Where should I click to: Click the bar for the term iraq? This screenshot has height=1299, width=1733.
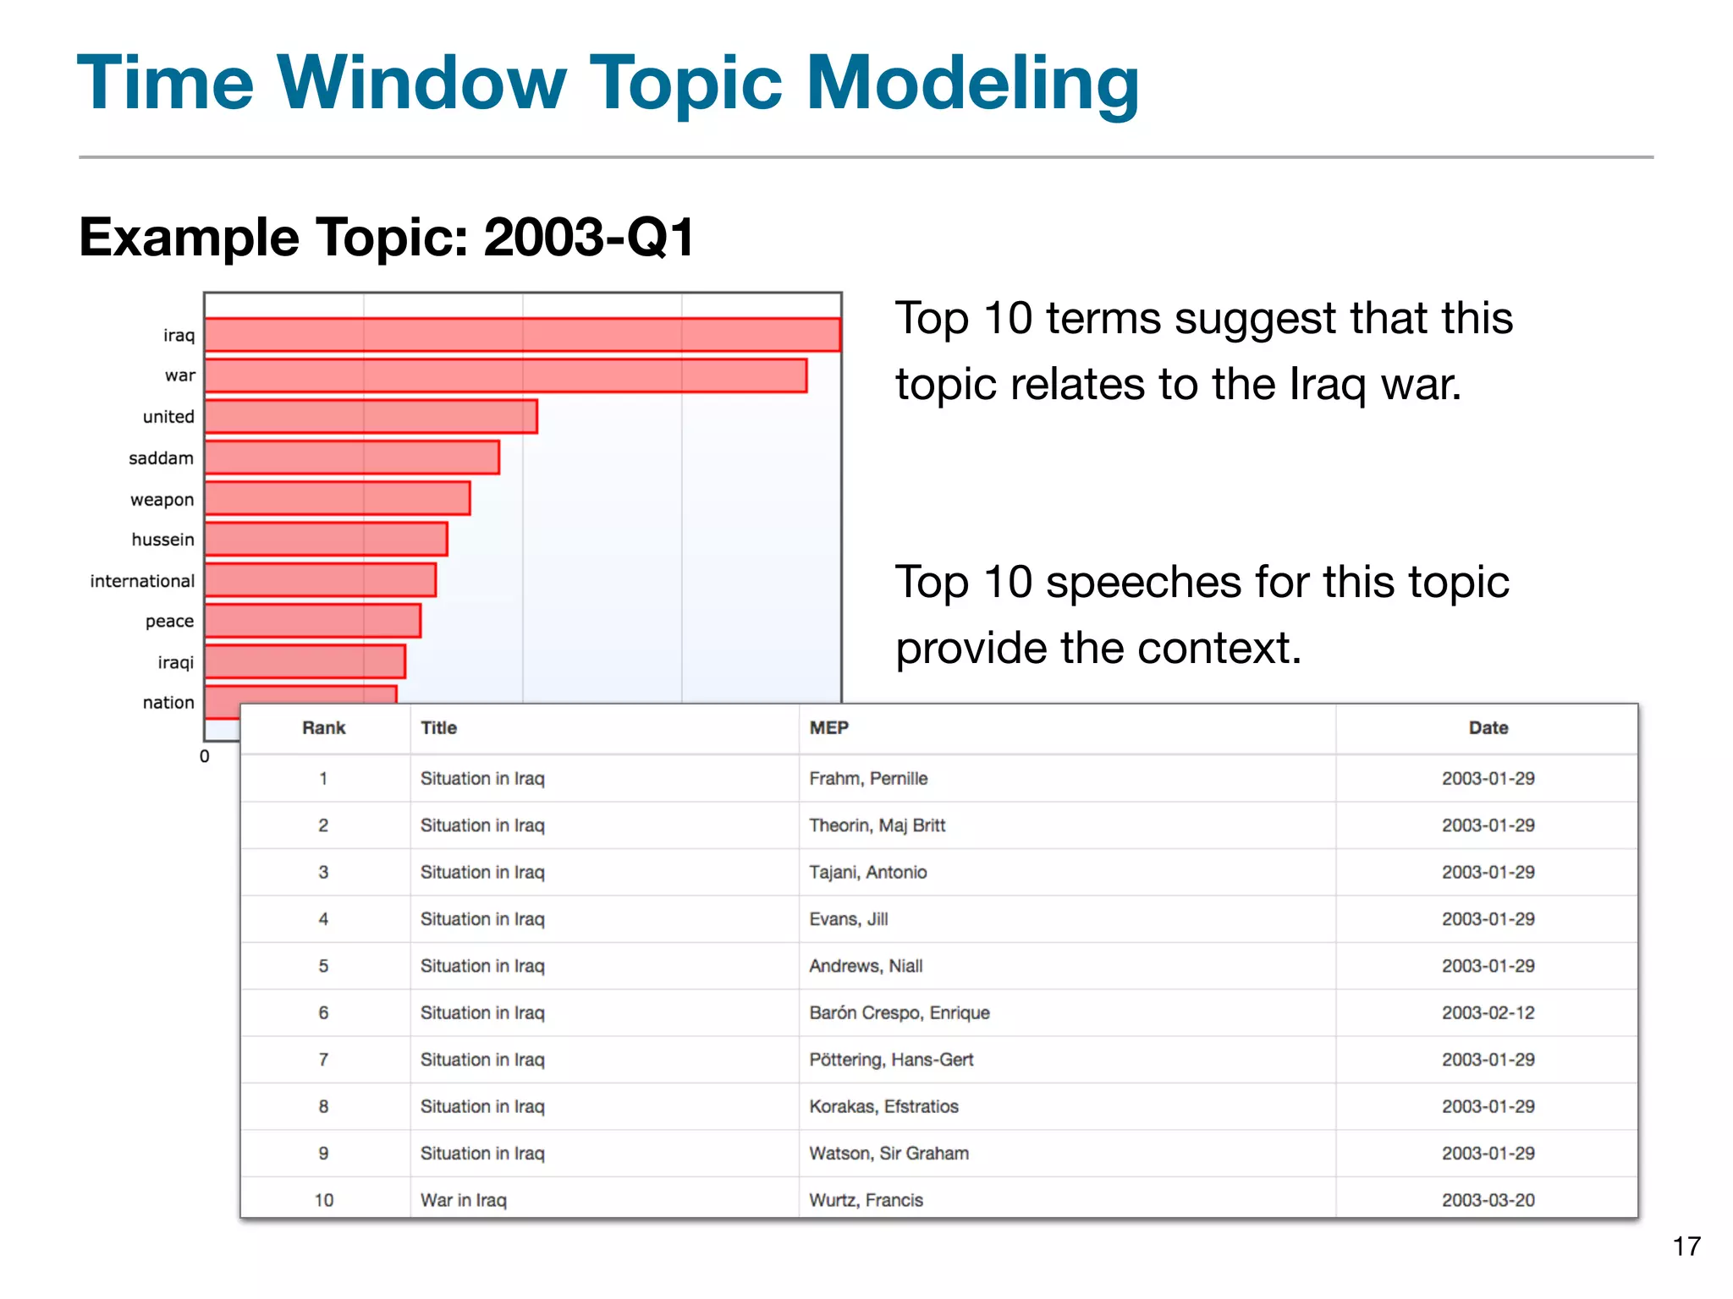522,334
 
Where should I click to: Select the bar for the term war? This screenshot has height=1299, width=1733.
505,375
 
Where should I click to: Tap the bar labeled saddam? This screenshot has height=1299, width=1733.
352,458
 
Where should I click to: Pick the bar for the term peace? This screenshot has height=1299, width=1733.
312,621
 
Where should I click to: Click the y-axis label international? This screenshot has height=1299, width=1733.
142,581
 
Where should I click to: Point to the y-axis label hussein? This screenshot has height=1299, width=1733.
162,540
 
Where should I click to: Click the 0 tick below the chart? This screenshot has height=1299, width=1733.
204,756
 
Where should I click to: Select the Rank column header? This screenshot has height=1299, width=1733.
323,728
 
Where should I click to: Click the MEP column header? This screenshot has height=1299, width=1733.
828,728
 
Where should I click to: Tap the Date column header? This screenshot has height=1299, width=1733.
1488,728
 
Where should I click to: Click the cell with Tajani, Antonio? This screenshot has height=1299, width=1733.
867,872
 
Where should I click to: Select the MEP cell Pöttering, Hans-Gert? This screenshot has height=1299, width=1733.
891,1060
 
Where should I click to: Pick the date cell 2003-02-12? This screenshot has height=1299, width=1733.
1488,1012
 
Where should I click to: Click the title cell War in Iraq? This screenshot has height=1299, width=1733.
463,1200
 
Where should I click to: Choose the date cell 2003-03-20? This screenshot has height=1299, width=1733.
1488,1200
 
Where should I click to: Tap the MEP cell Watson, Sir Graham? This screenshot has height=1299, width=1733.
889,1154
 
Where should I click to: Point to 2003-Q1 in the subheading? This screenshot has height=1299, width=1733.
589,237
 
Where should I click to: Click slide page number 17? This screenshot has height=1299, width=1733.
1686,1246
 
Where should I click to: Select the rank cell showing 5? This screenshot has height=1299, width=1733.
323,966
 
